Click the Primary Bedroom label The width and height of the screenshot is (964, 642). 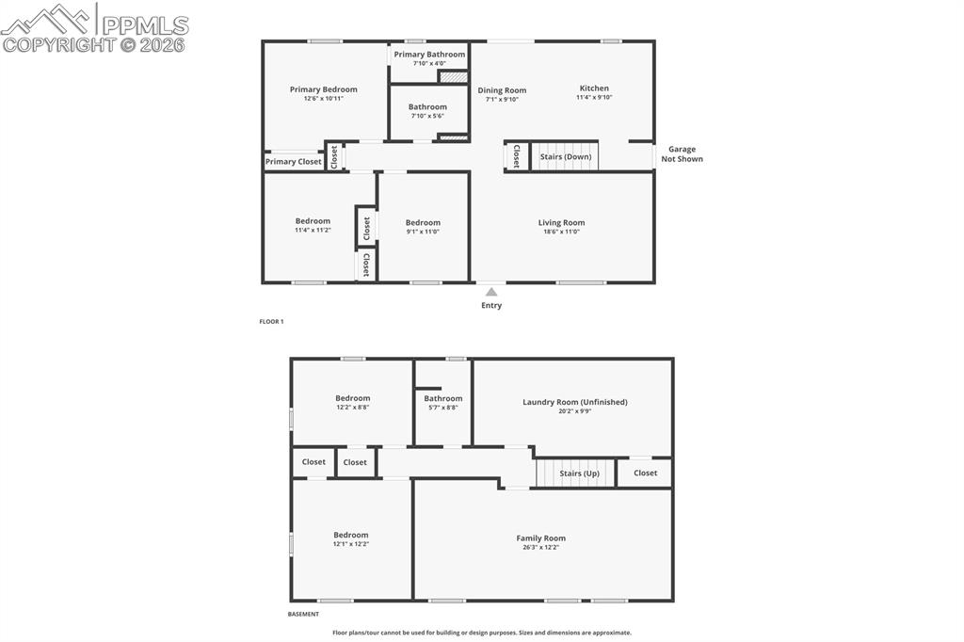(323, 89)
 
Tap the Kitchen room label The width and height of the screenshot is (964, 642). (594, 88)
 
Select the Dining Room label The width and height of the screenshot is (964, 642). (502, 90)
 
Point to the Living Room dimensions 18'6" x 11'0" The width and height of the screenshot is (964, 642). (561, 232)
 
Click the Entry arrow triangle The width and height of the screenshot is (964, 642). (491, 292)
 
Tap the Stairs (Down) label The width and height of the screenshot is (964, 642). (566, 156)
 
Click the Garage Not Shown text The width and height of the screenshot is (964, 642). (682, 154)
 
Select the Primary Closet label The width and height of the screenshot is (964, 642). (294, 162)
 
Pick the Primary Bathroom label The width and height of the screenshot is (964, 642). (429, 55)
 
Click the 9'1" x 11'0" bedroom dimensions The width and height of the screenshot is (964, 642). (423, 232)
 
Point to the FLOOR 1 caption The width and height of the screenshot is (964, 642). (271, 322)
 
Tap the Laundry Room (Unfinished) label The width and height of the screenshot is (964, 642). (574, 402)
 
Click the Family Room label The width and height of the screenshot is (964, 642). (540, 538)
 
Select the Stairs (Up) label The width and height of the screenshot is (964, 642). (579, 473)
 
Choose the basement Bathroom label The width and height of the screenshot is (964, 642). (442, 398)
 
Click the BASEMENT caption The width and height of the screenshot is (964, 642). (303, 615)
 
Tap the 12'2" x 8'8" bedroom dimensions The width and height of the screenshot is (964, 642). (353, 408)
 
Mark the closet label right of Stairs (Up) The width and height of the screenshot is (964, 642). (645, 473)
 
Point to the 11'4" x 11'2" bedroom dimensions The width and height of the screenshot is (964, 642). (313, 230)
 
